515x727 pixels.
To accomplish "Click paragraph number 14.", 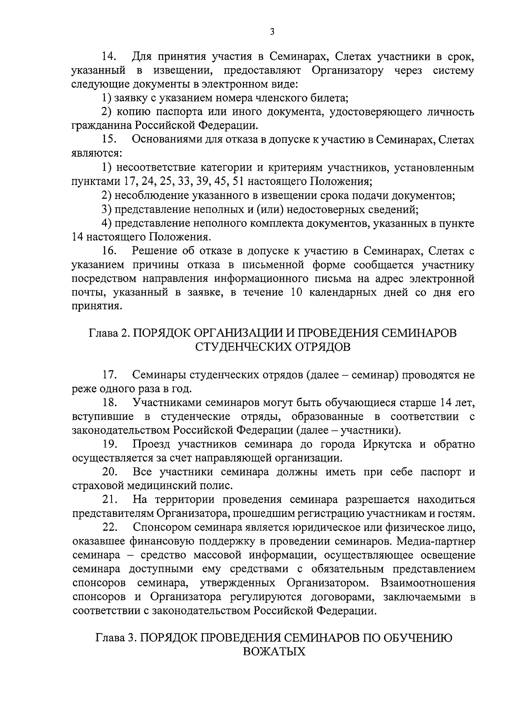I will (x=110, y=57).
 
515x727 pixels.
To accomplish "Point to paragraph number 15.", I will (x=110, y=140).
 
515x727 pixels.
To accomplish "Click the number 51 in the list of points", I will (x=238, y=181).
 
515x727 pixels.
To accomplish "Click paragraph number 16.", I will (x=110, y=251).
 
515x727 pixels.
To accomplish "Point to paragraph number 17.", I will (x=110, y=375).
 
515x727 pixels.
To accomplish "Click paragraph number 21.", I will (x=110, y=500).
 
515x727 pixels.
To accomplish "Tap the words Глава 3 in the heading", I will (x=114, y=638).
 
